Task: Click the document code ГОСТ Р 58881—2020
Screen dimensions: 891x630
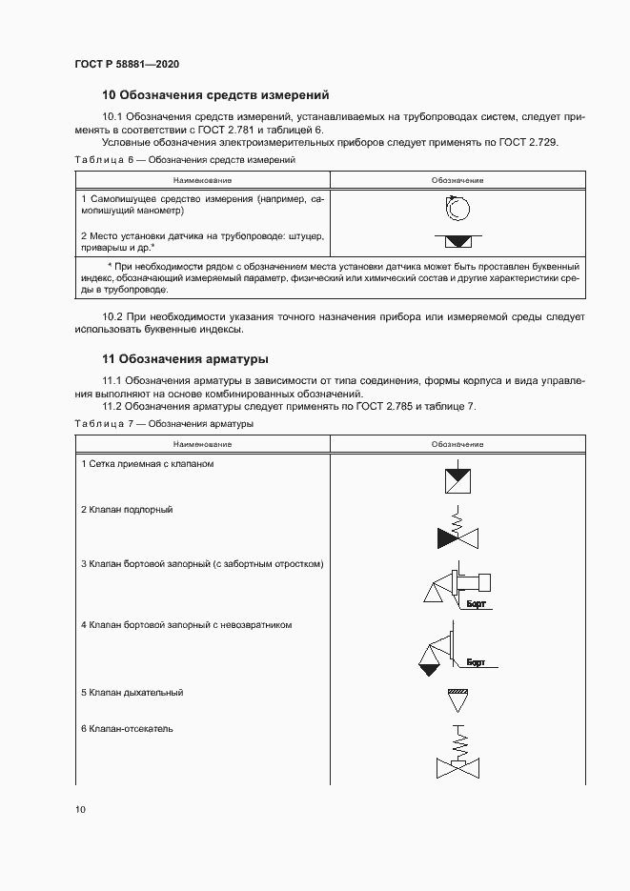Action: tap(126, 65)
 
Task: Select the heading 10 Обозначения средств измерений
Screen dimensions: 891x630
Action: tap(215, 95)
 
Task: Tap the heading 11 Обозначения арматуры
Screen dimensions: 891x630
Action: tap(185, 359)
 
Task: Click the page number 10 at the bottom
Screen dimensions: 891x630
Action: tap(80, 810)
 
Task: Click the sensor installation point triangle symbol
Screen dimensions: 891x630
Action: tap(457, 240)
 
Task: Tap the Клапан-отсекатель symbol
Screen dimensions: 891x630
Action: tap(457, 755)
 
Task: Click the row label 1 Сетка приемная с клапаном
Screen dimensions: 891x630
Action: tap(147, 463)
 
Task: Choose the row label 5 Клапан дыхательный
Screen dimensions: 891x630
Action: tap(132, 693)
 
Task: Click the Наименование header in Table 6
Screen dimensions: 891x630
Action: tap(202, 180)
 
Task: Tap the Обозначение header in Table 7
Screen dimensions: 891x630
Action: tap(457, 444)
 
